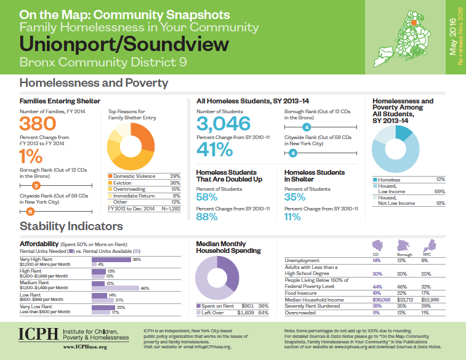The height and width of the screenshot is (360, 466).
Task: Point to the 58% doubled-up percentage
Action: (x=206, y=197)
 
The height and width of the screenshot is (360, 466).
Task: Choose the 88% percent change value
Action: (x=206, y=217)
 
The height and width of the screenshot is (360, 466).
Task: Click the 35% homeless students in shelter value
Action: (x=294, y=197)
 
